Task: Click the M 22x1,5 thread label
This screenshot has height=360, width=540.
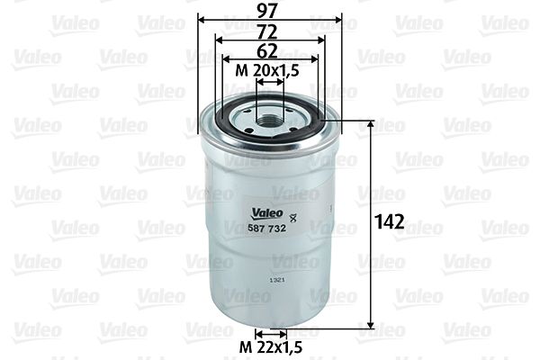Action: (x=270, y=346)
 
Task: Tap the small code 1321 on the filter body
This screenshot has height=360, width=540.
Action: (x=278, y=281)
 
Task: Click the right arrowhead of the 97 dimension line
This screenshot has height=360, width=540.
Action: (x=338, y=19)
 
